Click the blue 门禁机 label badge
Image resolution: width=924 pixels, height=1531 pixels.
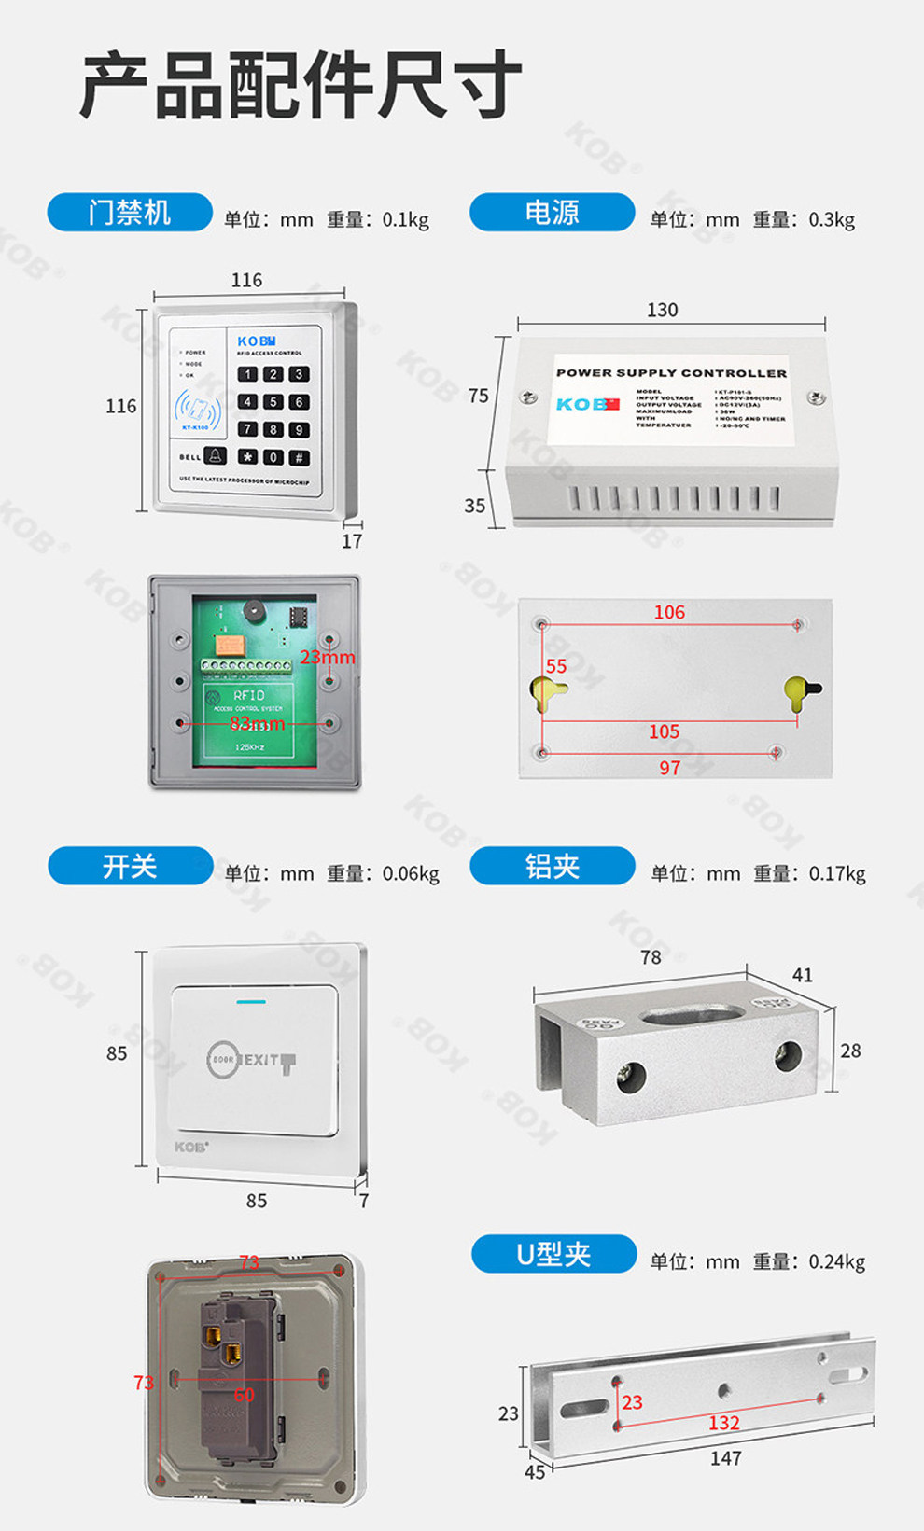tap(130, 213)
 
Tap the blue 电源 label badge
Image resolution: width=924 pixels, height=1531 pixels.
tap(552, 213)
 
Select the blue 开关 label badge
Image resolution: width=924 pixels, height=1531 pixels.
tap(130, 866)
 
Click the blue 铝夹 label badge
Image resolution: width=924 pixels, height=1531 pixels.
tap(552, 866)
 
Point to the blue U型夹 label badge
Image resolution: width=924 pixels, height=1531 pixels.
tap(553, 1254)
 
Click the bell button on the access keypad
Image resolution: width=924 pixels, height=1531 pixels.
tap(215, 456)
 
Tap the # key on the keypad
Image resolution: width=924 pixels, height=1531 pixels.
tap(299, 457)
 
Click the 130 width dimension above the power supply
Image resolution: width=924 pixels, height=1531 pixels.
tap(662, 310)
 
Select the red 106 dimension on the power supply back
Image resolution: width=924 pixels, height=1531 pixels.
tap(669, 612)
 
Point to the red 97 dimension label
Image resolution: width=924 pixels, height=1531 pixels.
tap(669, 768)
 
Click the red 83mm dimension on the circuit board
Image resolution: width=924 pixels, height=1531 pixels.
tap(258, 723)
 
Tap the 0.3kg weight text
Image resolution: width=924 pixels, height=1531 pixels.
tap(832, 220)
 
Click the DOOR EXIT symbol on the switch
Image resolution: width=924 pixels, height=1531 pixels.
tap(250, 1060)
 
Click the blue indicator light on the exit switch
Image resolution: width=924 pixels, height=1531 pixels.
tap(251, 1002)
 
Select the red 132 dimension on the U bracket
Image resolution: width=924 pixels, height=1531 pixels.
tap(724, 1423)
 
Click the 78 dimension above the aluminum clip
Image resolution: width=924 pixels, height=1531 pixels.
tap(651, 957)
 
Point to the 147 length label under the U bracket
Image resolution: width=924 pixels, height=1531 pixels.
tap(725, 1458)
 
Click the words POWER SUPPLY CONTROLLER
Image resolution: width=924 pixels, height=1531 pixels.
tap(671, 373)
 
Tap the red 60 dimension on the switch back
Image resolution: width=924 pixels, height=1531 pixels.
tap(245, 1395)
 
